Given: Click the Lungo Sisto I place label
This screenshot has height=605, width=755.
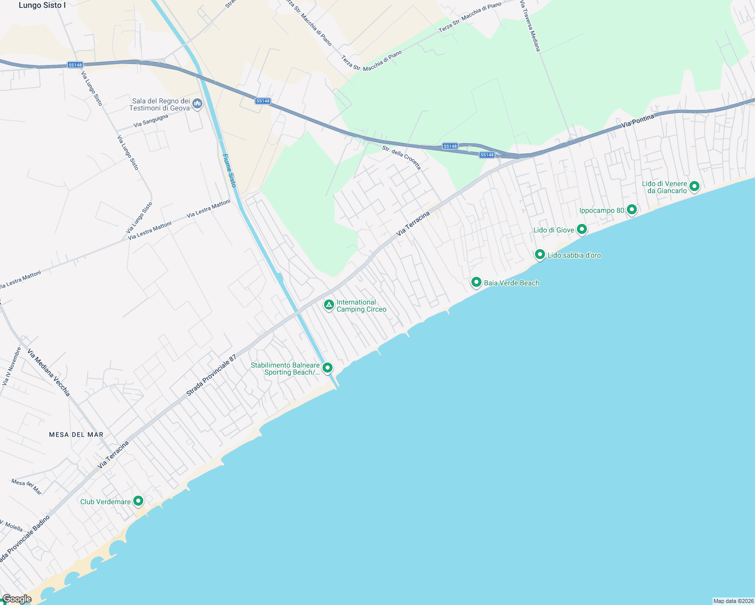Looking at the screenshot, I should coord(42,6).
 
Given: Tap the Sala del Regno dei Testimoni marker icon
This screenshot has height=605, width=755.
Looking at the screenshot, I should coord(197,104).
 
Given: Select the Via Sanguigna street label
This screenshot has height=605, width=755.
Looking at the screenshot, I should coord(151,121).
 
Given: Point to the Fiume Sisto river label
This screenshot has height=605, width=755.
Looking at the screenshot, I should coord(230,170).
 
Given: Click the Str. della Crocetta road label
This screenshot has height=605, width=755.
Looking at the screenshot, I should coord(401,157).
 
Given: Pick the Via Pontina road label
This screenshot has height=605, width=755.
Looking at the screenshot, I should coord(638,120).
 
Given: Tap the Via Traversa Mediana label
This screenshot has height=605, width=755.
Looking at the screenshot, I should coord(530,25).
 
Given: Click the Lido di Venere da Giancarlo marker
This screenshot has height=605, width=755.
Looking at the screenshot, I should coord(694,186).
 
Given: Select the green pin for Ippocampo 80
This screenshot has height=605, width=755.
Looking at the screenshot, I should coord(631,209).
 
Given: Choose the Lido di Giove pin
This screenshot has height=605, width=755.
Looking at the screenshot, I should coord(582,229).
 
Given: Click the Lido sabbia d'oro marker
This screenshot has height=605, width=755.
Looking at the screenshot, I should coord(540,254).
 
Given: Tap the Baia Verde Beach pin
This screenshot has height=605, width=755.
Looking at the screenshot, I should coord(476,282).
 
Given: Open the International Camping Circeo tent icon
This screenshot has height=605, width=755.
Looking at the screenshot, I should coord(329,305).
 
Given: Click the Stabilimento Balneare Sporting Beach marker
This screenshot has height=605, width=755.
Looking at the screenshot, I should coord(328,368).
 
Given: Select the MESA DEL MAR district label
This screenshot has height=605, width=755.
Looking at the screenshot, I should coord(76,435).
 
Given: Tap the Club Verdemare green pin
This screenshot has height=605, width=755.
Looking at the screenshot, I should coord(138,501).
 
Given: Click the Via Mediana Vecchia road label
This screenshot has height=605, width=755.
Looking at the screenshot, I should coord(49,373).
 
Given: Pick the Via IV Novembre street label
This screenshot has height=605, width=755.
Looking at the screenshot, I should coord(12,366).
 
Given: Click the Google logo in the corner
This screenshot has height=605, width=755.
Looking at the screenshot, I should coord(17,599).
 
